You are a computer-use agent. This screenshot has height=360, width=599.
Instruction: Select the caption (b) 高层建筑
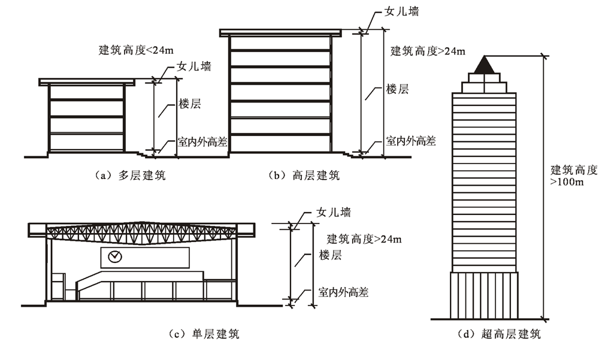click(305, 176)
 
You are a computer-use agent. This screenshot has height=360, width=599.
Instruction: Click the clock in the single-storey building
click(115, 257)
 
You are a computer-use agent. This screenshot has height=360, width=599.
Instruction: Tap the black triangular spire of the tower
click(486, 64)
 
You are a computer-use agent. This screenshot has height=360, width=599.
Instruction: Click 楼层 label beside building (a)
click(189, 103)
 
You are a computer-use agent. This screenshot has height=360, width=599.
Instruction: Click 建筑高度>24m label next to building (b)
click(427, 51)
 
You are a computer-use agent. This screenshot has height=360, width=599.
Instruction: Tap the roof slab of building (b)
click(281, 32)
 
